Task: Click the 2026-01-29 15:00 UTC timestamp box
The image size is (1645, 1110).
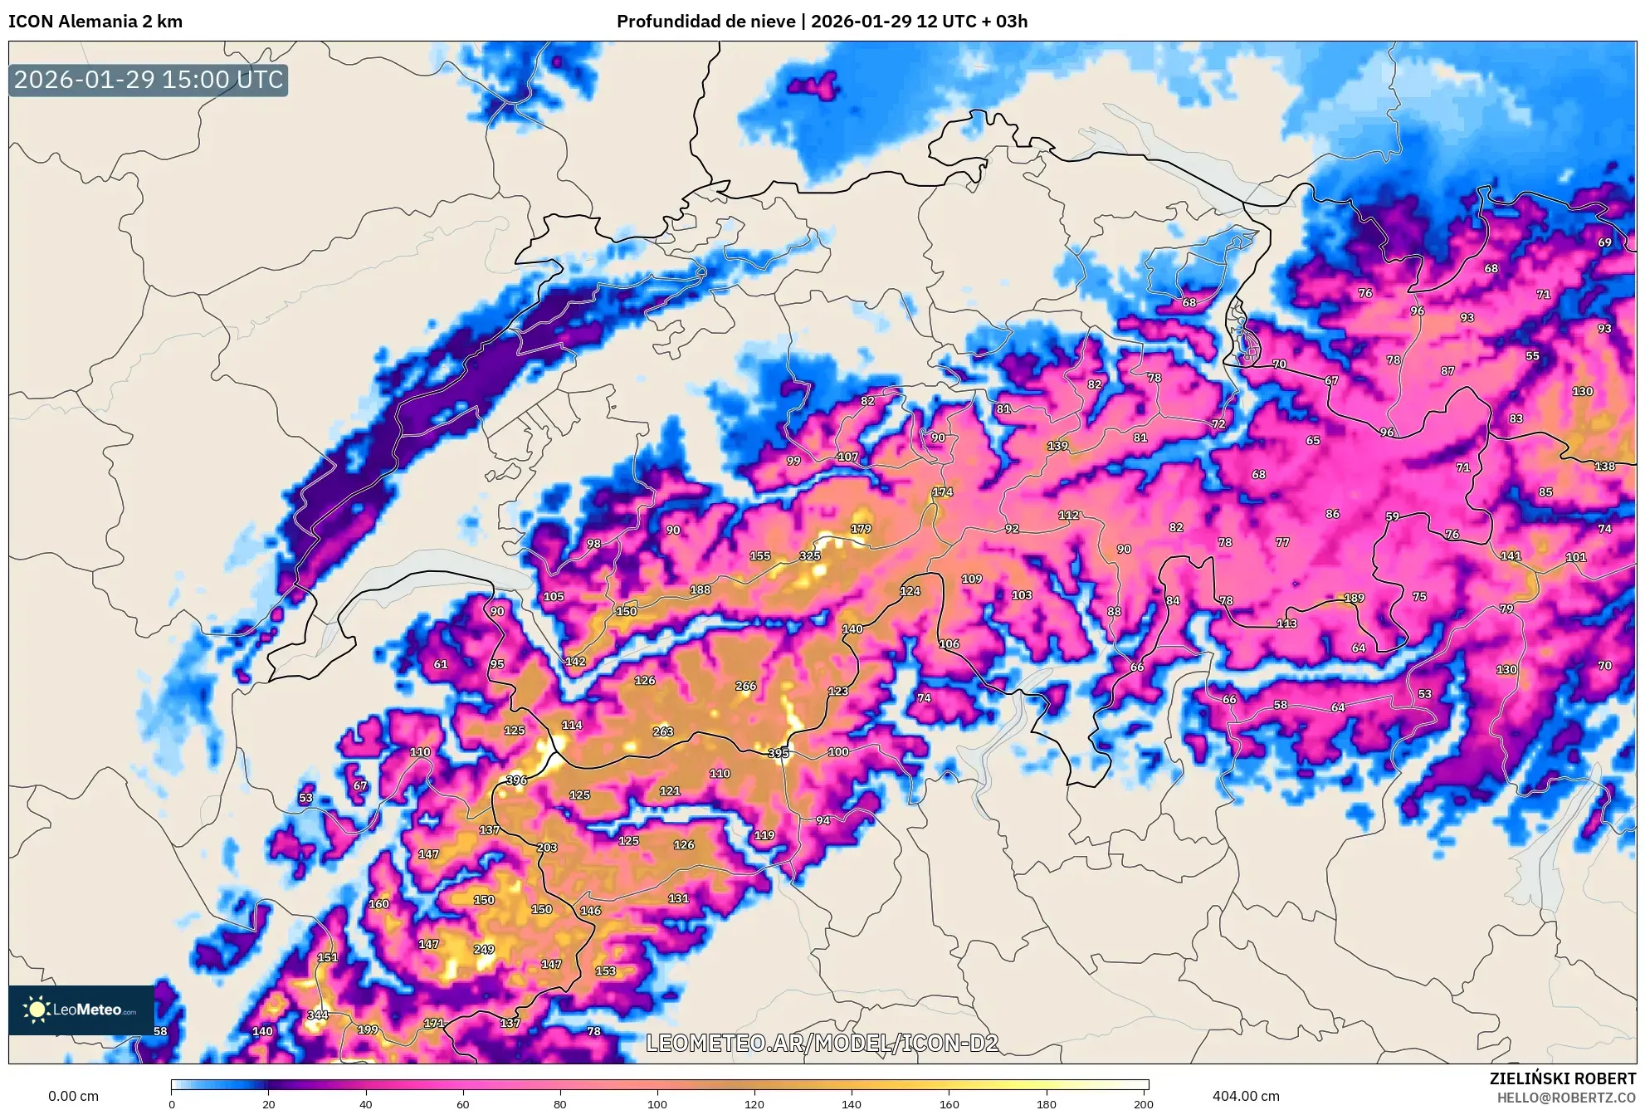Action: (x=149, y=80)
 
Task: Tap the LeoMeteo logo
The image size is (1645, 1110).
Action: (x=81, y=1010)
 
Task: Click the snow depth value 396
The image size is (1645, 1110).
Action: (x=516, y=780)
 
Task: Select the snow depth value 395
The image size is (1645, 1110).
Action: (x=778, y=753)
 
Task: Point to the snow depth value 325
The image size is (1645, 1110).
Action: (x=809, y=555)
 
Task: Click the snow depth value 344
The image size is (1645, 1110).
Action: (x=318, y=1015)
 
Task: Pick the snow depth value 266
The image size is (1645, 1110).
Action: (x=745, y=686)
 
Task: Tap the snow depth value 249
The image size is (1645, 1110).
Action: (x=484, y=949)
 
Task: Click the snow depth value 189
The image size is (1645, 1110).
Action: (x=1354, y=598)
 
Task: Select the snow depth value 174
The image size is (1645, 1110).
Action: (x=942, y=491)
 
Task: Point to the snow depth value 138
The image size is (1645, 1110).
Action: (x=1604, y=466)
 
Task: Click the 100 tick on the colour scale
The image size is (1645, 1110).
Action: (x=657, y=1103)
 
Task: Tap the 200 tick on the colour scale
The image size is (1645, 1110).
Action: (x=1143, y=1103)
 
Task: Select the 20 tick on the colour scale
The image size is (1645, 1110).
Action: (x=268, y=1103)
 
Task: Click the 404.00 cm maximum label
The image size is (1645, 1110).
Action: (x=1246, y=1096)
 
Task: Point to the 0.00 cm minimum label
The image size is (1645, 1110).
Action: (x=73, y=1096)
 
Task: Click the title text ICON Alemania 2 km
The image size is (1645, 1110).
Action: (x=95, y=22)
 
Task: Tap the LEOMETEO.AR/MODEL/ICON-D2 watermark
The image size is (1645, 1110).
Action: (x=822, y=1043)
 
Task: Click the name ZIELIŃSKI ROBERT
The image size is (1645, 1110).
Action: (x=1562, y=1078)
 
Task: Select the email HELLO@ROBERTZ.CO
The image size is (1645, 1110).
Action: (x=1566, y=1098)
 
